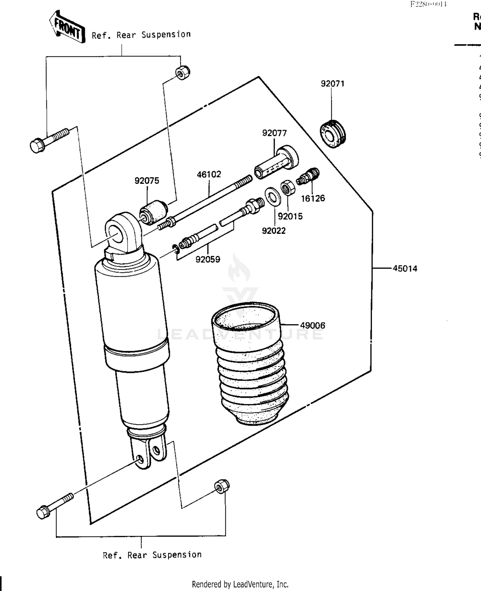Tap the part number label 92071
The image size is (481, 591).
click(x=333, y=84)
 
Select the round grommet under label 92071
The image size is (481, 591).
click(x=333, y=134)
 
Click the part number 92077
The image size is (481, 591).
click(x=274, y=133)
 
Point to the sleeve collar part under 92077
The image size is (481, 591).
click(x=276, y=163)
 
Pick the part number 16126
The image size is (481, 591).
click(x=313, y=198)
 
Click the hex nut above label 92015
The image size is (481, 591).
click(x=288, y=188)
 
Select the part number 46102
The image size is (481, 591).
click(x=209, y=174)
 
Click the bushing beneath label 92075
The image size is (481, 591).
click(x=153, y=211)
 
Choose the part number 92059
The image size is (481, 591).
click(x=208, y=259)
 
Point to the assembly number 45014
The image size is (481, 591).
click(x=405, y=268)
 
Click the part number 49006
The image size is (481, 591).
click(x=312, y=325)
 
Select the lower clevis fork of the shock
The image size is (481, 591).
click(x=148, y=452)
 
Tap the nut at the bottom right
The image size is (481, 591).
click(x=221, y=487)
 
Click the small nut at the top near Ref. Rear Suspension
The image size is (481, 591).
click(x=182, y=72)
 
